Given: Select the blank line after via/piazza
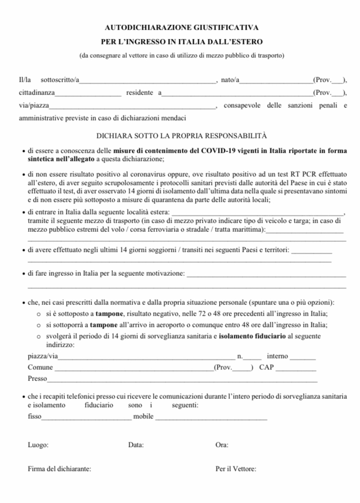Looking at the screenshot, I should pos(133,107).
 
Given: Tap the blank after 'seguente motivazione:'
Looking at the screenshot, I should pos(266,275).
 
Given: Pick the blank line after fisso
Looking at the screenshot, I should pos(86,418).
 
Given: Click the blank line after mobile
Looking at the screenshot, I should pos(211,418).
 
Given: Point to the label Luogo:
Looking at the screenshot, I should pos(38,445).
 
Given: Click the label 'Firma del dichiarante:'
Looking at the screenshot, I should pos(60,469).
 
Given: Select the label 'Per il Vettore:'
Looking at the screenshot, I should pos(236,469).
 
